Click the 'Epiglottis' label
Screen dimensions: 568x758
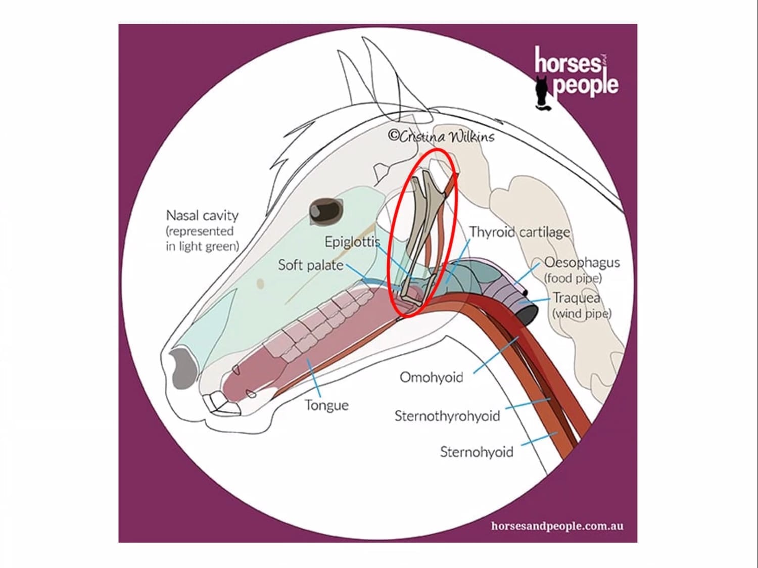[352, 242]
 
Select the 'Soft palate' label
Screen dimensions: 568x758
[311, 265]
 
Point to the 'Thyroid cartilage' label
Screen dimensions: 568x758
[519, 232]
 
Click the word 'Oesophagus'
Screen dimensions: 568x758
[582, 263]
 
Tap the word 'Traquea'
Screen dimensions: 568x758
[577, 298]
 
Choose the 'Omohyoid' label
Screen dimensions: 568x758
[431, 377]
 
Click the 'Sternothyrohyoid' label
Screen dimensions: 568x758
[447, 416]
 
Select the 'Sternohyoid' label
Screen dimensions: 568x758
[477, 452]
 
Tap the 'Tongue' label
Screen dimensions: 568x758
[326, 405]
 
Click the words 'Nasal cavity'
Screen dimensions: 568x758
[202, 216]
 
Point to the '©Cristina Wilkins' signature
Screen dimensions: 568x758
[441, 136]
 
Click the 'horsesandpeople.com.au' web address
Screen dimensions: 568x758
[557, 526]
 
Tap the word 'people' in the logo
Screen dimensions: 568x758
[586, 84]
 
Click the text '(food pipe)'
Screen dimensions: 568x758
[573, 278]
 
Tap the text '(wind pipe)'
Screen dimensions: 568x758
[581, 313]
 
